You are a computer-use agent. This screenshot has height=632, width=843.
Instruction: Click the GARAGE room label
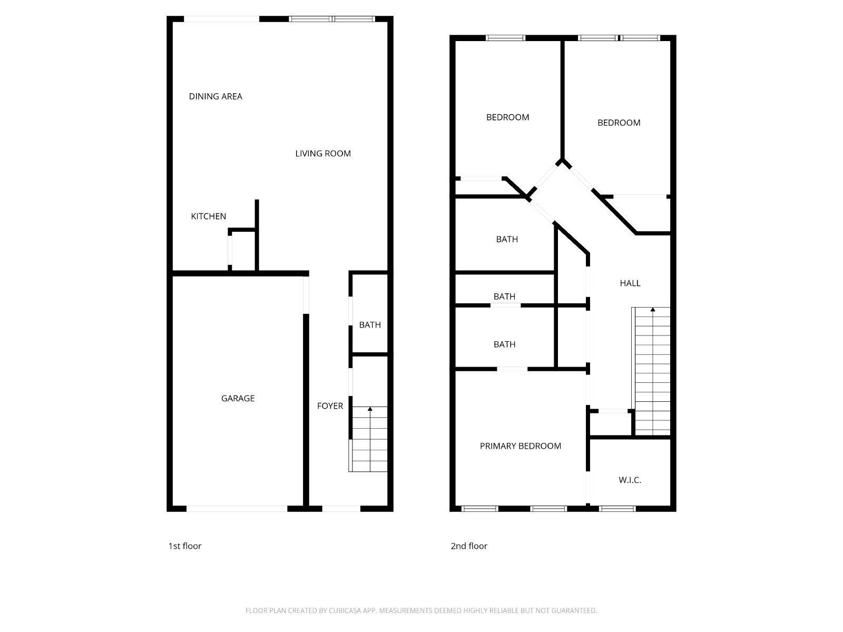[238, 399]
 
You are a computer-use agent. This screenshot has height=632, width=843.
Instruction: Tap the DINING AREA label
[215, 96]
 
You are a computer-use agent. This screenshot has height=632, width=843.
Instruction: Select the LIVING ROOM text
[322, 154]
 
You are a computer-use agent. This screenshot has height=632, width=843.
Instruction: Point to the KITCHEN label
[208, 216]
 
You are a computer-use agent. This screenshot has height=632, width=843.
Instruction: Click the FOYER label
[330, 406]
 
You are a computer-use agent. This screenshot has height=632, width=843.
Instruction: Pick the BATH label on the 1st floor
[369, 325]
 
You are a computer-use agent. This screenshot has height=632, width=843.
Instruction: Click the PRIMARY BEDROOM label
[520, 446]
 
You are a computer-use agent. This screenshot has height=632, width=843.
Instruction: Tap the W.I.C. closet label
[630, 480]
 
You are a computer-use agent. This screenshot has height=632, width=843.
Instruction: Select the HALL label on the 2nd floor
[630, 283]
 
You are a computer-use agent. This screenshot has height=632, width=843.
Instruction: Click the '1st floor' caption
[184, 546]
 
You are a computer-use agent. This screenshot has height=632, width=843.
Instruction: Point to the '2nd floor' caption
[468, 546]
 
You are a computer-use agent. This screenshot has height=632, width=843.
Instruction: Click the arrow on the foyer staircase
[370, 409]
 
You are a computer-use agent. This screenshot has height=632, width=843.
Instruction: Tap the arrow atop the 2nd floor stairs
[653, 310]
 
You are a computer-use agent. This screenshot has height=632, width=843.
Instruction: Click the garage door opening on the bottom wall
[237, 509]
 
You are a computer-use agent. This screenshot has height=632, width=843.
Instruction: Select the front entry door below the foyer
[341, 509]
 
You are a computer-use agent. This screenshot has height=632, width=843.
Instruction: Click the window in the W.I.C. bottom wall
[617, 509]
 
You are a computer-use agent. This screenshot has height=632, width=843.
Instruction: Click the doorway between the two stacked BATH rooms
[505, 305]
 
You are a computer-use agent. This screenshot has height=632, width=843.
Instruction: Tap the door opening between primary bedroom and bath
[512, 369]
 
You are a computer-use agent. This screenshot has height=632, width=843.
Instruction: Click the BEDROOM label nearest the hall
[619, 123]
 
